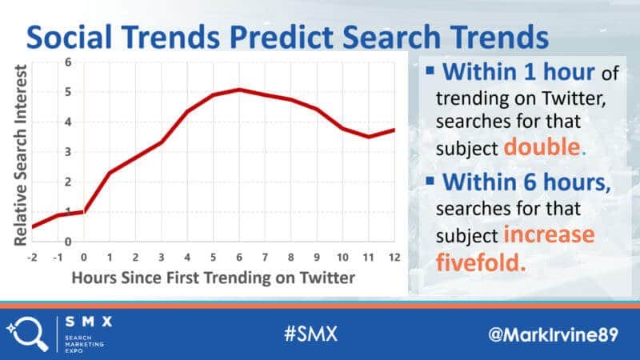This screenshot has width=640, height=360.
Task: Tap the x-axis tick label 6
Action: coord(239,258)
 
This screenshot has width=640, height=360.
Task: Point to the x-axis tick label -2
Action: coord(32,258)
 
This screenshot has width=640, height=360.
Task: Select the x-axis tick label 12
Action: coord(394,258)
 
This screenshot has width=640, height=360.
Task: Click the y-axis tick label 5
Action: coord(68,92)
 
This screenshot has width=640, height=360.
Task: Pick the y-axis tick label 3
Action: coord(68,152)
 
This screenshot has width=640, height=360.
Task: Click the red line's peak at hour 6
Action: coord(239,90)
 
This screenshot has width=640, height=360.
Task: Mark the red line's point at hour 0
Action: coord(84,211)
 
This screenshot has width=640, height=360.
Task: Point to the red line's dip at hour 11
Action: coord(369,136)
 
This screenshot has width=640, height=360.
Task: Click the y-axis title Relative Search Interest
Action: coord(20,155)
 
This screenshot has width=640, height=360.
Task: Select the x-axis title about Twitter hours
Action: coord(213,278)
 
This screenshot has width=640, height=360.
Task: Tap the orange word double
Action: coord(542,147)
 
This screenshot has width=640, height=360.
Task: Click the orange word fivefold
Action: coord(481,262)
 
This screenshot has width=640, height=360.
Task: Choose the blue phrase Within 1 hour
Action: coord(518,72)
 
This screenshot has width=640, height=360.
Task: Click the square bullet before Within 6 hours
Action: coord(430,181)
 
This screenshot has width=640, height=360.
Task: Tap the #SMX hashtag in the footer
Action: coord(311,334)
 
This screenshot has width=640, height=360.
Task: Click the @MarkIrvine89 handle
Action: coord(553,334)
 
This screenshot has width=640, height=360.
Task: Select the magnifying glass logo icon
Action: coord(28,334)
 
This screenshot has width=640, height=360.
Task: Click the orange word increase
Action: coord(549,234)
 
